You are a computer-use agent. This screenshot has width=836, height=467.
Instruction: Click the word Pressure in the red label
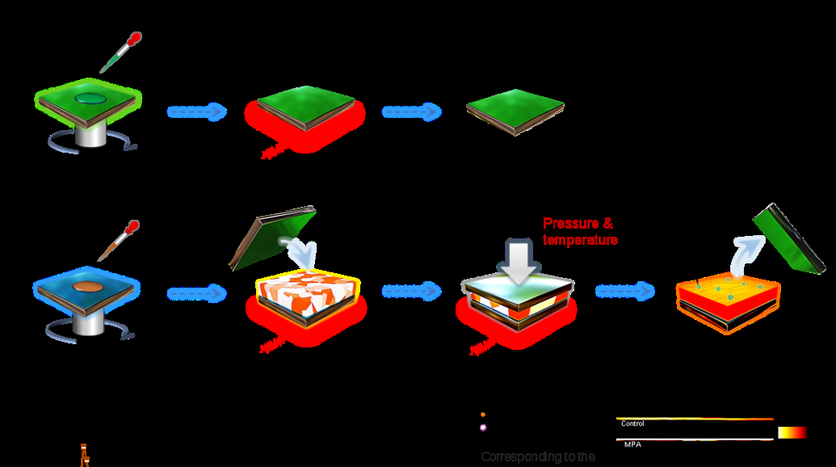tap(567, 224)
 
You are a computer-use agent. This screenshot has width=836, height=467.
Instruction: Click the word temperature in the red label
tap(581, 240)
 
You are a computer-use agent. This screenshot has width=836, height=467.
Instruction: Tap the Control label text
tap(632, 423)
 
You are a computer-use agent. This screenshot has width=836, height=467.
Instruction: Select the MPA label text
tap(632, 444)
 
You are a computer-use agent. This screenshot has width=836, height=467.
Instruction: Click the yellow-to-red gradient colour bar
tap(792, 433)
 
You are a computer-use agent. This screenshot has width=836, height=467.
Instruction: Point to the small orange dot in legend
tap(483, 414)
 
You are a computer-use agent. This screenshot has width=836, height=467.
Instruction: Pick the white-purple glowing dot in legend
tap(483, 427)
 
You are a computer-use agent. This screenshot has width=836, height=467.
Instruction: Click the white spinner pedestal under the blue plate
tap(88, 322)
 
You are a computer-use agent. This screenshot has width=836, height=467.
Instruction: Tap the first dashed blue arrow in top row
tap(197, 111)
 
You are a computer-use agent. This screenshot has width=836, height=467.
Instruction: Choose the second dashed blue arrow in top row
tap(412, 111)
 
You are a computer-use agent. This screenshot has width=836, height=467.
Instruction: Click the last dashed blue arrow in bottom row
tap(625, 291)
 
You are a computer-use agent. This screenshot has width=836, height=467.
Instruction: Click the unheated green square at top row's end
tap(515, 109)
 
